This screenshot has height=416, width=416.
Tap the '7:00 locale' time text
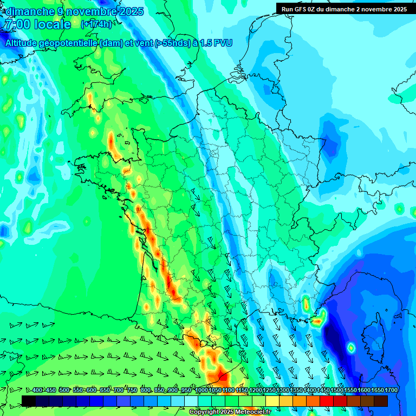tap(37, 24)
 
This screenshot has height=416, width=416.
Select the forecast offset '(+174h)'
tap(96, 24)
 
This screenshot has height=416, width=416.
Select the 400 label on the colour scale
tap(37, 391)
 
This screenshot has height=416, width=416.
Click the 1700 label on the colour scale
tap(391, 391)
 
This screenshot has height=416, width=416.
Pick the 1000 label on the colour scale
tap(201, 391)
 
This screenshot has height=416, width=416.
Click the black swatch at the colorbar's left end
tap(29, 401)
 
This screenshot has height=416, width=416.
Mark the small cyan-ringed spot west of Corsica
tap(350, 347)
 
